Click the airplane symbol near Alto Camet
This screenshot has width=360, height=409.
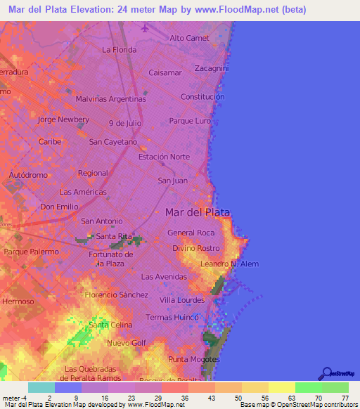145,28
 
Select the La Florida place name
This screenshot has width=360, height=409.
118,50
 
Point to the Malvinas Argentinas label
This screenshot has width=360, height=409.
110,99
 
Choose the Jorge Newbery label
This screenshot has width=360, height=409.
63,119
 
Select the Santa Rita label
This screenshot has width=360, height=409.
114,236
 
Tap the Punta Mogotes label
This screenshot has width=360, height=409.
194,359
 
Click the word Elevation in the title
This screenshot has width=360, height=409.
91,10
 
